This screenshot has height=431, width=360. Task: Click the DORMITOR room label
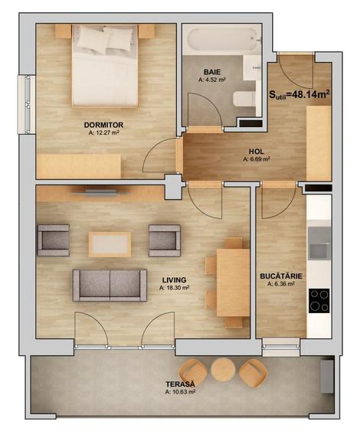(104, 123)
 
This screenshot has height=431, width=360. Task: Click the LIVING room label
(174, 280)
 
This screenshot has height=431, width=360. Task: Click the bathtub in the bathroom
(222, 39)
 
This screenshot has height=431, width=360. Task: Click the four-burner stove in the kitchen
(319, 299)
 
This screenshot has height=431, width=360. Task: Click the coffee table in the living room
(110, 244)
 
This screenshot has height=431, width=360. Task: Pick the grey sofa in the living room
(110, 285)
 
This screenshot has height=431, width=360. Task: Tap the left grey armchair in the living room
(53, 240)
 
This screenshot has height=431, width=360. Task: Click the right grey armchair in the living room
(165, 240)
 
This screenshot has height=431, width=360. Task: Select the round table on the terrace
(223, 371)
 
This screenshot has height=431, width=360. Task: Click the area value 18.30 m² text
(175, 289)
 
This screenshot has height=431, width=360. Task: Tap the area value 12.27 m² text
(104, 132)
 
